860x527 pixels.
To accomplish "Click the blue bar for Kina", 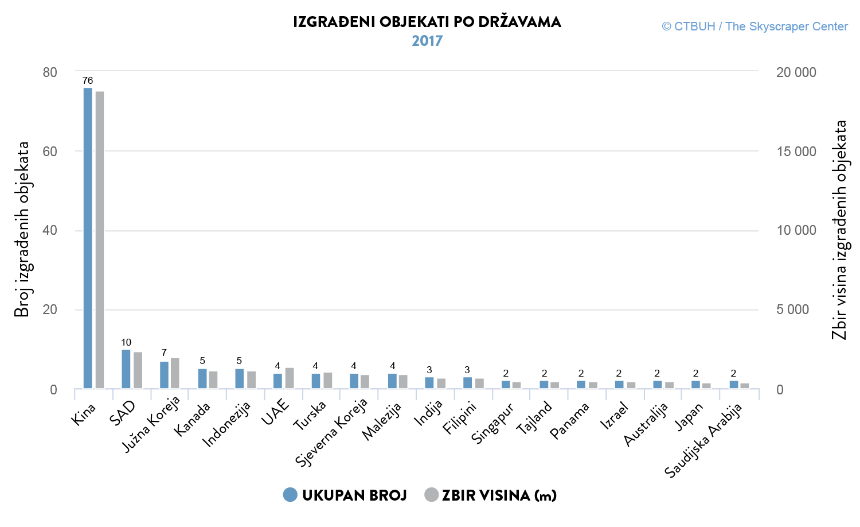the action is coord(88,238).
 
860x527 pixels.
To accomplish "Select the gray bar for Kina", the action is coord(100,240).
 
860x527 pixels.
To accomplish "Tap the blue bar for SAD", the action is coord(126,369).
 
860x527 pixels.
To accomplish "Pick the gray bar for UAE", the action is coord(290,378).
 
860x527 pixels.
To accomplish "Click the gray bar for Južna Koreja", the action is coord(175,373).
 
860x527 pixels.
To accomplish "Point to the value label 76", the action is coord(88,80).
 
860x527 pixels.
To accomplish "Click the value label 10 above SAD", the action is coord(126,342).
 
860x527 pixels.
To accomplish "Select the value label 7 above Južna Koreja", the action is coord(164,352).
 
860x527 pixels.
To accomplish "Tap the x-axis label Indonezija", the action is coord(227,424).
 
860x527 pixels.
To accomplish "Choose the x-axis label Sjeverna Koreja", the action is coord(331,432).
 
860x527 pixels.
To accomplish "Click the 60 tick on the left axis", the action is coord(50,152).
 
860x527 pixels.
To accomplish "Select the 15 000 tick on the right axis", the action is coord(796,152).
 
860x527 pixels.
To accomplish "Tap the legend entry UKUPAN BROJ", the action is coord(345,495).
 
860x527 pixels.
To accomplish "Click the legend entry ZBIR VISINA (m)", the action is coord(491,495).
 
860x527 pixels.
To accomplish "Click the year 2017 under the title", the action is coord(427,41).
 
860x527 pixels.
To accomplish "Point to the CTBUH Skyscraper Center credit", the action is coord(755,26).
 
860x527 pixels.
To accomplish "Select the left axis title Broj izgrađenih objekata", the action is coord(22,230).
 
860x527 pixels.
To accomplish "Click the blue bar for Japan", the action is coord(695,385).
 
